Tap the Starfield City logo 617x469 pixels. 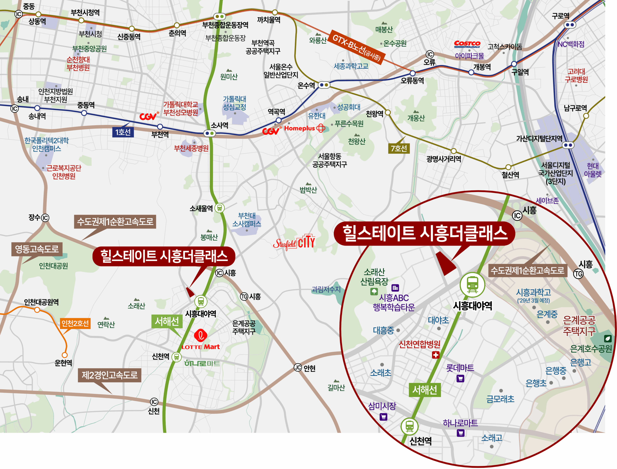tap(294, 242)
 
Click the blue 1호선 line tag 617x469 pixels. tap(123, 132)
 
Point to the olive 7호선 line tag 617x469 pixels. tap(399, 148)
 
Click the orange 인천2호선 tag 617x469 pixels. tap(75, 323)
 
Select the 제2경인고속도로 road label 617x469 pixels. tap(110, 375)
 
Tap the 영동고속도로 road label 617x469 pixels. tap(37, 249)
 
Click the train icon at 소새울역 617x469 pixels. tap(220, 208)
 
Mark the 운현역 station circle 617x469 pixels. tap(65, 355)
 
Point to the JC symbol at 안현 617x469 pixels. tap(298, 368)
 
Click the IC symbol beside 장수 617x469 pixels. tap(45, 218)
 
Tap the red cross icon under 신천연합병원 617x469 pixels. tap(436, 355)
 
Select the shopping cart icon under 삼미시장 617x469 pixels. tap(383, 417)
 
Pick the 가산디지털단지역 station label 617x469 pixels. tap(539, 139)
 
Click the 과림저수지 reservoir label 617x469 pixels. tap(326, 289)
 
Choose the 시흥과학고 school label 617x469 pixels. tap(534, 292)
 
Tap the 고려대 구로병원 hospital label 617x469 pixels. tap(576, 76)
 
